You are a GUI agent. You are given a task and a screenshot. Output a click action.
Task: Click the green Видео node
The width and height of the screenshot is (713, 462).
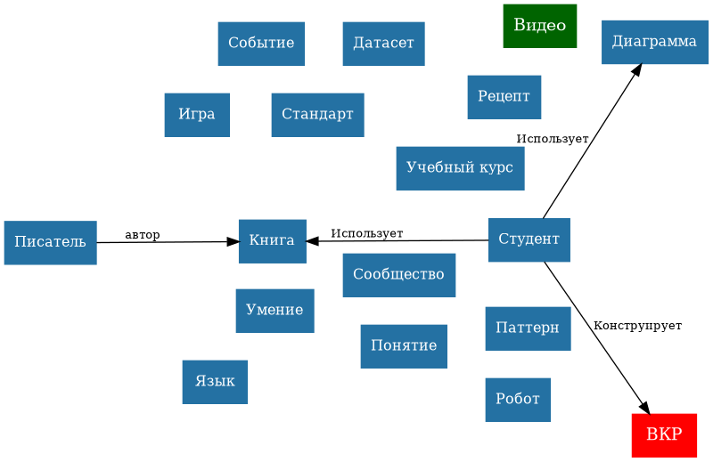[x=539, y=26]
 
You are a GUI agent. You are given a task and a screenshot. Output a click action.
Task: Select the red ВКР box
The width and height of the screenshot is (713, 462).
[x=664, y=435]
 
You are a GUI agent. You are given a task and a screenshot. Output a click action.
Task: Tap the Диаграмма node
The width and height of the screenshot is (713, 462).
[x=654, y=42]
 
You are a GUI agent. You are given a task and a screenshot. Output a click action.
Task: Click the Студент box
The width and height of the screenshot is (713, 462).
[x=529, y=239]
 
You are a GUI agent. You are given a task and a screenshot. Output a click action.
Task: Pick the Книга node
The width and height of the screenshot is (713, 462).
[x=272, y=241]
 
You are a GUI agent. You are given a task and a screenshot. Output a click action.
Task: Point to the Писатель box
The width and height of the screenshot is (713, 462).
[x=50, y=243]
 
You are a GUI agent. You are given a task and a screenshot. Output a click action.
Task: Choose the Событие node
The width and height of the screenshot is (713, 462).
[x=261, y=44]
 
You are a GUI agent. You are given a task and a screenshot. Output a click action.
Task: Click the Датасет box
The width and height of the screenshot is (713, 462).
[x=383, y=44]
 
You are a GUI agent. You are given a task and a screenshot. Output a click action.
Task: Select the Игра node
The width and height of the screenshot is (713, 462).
[x=197, y=115]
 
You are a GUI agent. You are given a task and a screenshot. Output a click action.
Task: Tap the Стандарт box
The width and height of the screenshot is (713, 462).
[x=317, y=115]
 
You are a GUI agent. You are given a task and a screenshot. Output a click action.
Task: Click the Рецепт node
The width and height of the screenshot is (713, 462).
[x=504, y=97]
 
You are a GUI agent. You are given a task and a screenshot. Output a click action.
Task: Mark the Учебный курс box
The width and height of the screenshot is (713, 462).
[x=460, y=168]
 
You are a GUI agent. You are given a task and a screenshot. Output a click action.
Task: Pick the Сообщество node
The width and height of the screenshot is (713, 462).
[x=398, y=275]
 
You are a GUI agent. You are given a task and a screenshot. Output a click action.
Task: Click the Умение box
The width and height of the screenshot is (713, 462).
[x=275, y=311]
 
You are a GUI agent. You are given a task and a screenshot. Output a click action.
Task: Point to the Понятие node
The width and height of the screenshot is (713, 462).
[x=404, y=346]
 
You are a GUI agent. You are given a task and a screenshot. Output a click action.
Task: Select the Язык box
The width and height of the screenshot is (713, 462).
[x=215, y=382]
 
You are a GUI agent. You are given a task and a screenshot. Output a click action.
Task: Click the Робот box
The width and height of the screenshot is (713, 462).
[x=518, y=400]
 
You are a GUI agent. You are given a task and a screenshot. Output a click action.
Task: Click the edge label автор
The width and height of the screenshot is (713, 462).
[x=143, y=235]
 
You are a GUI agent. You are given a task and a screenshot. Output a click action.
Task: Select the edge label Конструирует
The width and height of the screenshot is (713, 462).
[x=637, y=327]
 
